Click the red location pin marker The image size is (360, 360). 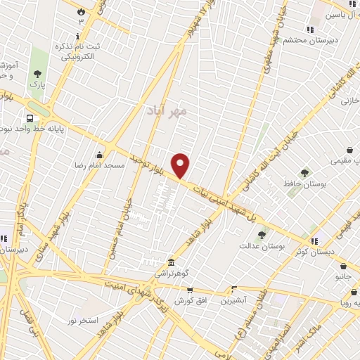point(181,165)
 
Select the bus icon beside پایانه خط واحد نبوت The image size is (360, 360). point(30,118)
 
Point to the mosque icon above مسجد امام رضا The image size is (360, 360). point(100,155)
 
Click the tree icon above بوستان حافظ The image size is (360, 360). point(304,173)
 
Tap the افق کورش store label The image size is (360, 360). point(188,301)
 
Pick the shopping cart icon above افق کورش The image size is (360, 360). point(189,290)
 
